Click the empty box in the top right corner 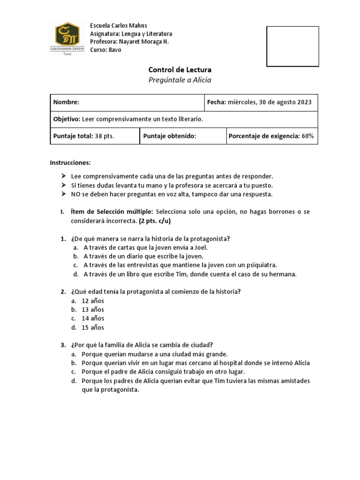click(x=292, y=46)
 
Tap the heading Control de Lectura click(x=180, y=69)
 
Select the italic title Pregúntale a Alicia click(x=180, y=80)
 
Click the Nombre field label click(x=66, y=102)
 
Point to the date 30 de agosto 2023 click(x=282, y=102)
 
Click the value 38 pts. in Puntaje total click(x=105, y=136)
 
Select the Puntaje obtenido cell click(x=183, y=136)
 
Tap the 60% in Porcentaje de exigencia click(x=307, y=136)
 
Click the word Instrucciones click(x=70, y=163)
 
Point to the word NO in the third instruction click(x=75, y=194)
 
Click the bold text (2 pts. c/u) click(x=158, y=221)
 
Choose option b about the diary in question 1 click(x=143, y=256)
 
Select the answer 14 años click(x=93, y=318)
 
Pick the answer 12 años click(x=93, y=300)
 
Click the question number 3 click(x=63, y=345)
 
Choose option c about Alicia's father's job click(x=163, y=372)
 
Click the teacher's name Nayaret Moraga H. click(x=140, y=42)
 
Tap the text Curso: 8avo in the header click(x=105, y=50)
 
